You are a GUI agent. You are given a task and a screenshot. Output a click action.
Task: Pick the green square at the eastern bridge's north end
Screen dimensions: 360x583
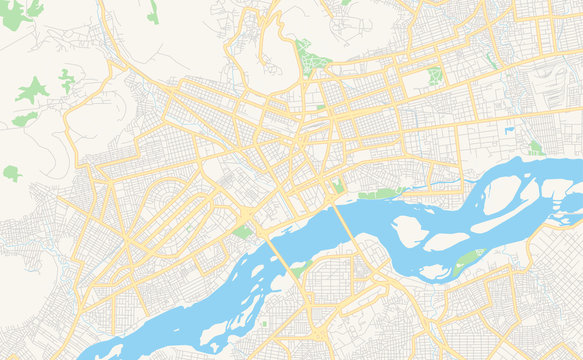pyautogui.click(x=337, y=186)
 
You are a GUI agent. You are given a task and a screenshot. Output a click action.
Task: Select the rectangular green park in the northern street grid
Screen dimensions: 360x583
pyautogui.click(x=433, y=76)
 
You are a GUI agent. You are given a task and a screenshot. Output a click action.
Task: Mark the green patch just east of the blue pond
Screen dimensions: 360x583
pyautogui.click(x=535, y=148)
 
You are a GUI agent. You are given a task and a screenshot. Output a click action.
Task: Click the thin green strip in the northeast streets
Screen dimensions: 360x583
pyautogui.click(x=490, y=61)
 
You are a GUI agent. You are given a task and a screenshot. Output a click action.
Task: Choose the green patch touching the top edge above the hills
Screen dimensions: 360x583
pyautogui.click(x=153, y=13)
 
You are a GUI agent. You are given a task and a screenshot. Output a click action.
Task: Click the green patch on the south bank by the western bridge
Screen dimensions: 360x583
pyautogui.click(x=300, y=268)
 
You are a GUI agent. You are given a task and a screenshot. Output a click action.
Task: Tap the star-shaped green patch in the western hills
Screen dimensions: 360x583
pyautogui.click(x=32, y=90)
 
